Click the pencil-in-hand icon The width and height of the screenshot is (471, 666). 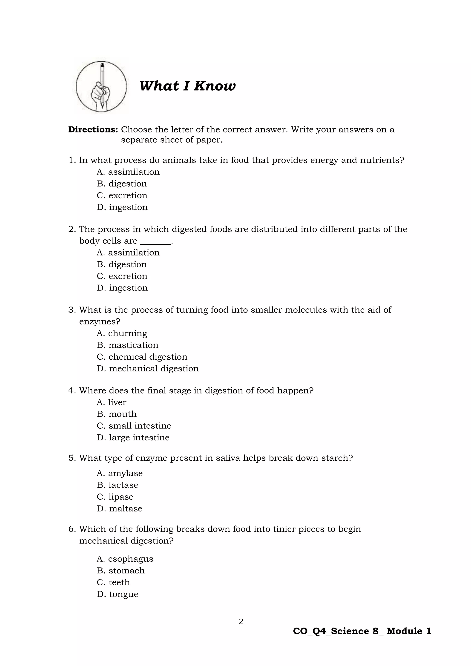pos(101,86)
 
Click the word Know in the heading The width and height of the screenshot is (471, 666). pos(215,86)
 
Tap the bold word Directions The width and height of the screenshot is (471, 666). pos(93,130)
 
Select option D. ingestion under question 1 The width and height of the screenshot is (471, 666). pos(122,207)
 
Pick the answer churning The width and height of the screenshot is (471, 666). pos(122,333)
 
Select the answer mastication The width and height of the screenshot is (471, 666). pos(127,345)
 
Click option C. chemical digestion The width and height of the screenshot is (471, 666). pos(142,357)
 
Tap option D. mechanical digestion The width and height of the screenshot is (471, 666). pos(148,368)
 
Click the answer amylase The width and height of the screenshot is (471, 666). pos(120,473)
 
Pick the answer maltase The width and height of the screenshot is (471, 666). pos(120,508)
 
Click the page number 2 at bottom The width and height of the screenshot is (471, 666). pos(241,621)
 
